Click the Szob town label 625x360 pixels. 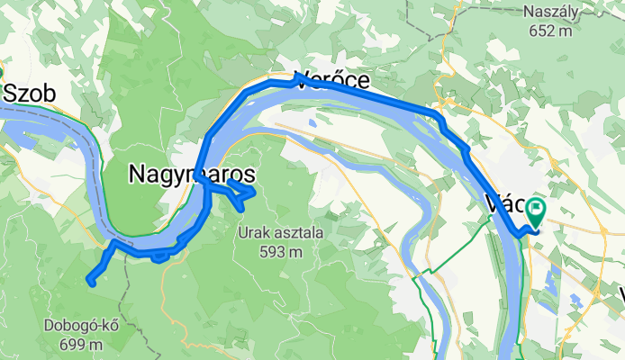(x=31, y=94)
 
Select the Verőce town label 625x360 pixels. (x=332, y=80)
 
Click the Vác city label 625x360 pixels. (x=504, y=202)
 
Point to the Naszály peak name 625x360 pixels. (x=552, y=13)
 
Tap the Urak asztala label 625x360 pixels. (x=281, y=233)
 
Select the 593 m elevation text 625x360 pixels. (x=282, y=251)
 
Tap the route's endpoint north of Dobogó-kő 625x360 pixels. (x=90, y=282)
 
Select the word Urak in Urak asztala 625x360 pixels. (x=255, y=233)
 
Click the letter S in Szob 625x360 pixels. (x=12, y=94)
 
